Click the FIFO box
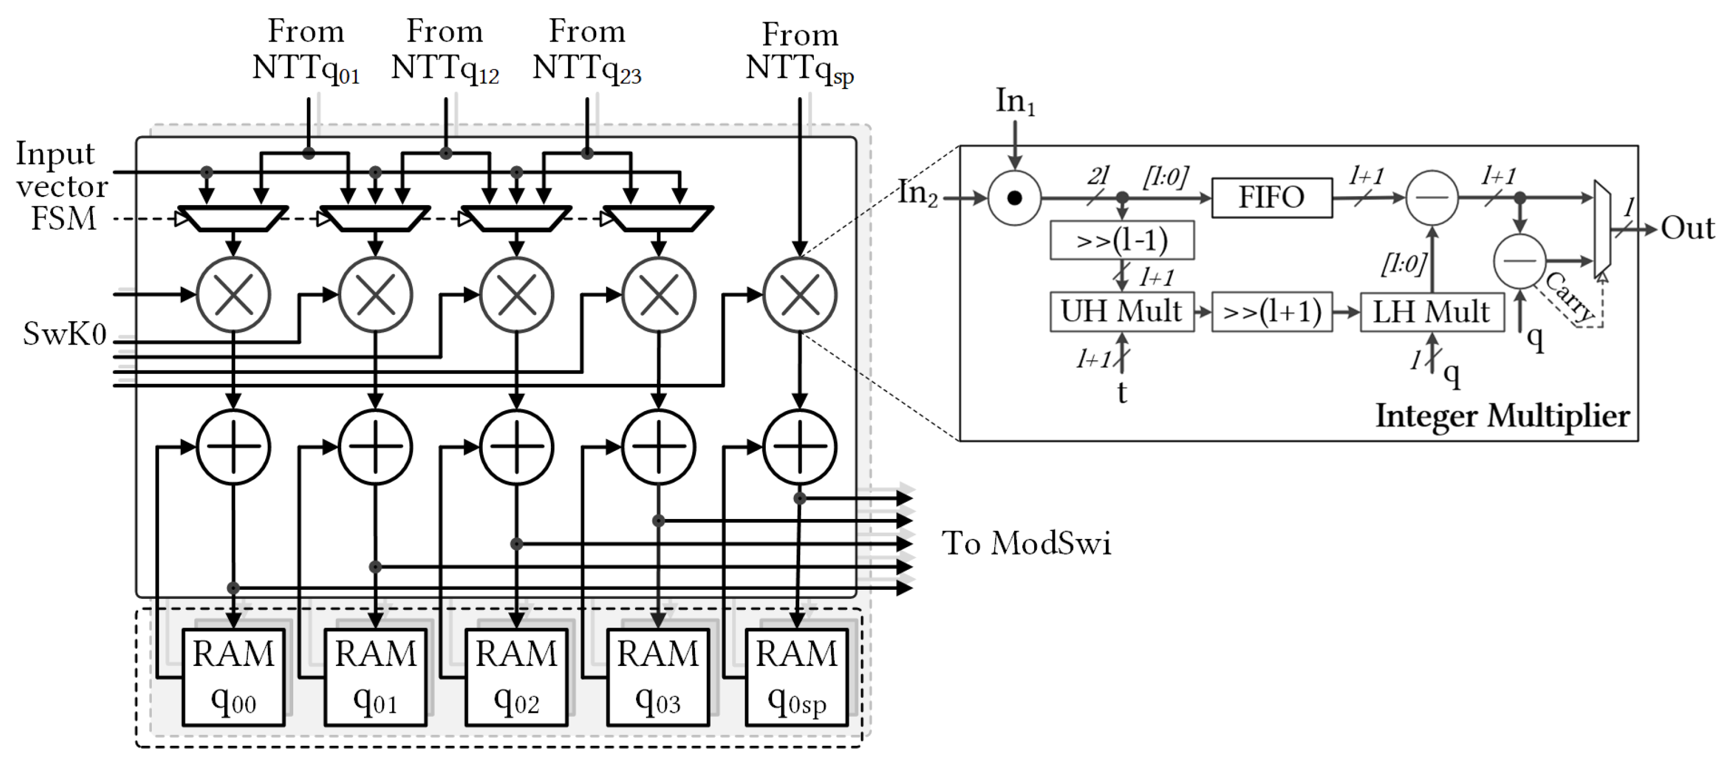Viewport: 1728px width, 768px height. pyautogui.click(x=1271, y=198)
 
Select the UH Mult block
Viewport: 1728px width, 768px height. pyautogui.click(x=1122, y=312)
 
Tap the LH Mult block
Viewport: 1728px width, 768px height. pyautogui.click(x=1432, y=312)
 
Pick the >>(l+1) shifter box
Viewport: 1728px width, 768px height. pyautogui.click(x=1272, y=312)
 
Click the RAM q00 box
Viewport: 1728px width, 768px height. pyautogui.click(x=233, y=676)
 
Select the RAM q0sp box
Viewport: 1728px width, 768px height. pyautogui.click(x=797, y=676)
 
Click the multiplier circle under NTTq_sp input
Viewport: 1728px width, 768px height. pyautogui.click(x=800, y=295)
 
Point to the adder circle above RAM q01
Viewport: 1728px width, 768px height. pyautogui.click(x=375, y=447)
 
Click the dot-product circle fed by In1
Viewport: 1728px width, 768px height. pyautogui.click(x=1014, y=198)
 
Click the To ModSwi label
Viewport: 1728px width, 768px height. pyautogui.click(x=1027, y=543)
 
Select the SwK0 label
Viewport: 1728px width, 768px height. pyautogui.click(x=64, y=333)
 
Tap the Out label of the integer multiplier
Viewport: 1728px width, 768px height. pyautogui.click(x=1687, y=228)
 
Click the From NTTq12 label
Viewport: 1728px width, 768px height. pyautogui.click(x=445, y=50)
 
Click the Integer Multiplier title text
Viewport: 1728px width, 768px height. pyautogui.click(x=1503, y=416)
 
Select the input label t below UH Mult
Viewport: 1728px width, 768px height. pyautogui.click(x=1122, y=393)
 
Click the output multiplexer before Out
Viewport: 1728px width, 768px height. pyautogui.click(x=1602, y=228)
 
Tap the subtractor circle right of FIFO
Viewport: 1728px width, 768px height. pyautogui.click(x=1432, y=198)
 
